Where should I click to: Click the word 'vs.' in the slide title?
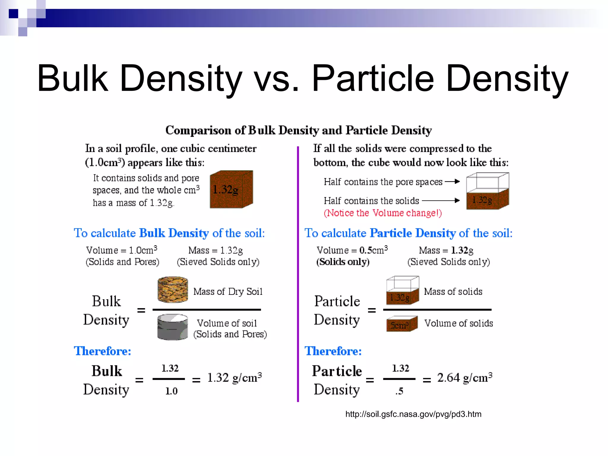[277, 79]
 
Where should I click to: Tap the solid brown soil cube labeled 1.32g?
[231, 189]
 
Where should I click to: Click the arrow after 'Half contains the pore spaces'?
[452, 181]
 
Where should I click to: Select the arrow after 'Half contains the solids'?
[441, 201]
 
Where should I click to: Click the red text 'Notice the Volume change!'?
[383, 213]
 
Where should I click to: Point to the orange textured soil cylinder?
[172, 289]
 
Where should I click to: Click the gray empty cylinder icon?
[172, 327]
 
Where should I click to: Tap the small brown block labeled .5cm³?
[402, 324]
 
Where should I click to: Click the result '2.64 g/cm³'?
[465, 378]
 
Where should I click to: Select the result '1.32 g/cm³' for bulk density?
[234, 378]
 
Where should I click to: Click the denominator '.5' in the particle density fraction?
[399, 391]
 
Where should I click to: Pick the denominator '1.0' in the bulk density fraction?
[171, 391]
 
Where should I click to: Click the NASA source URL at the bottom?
[413, 414]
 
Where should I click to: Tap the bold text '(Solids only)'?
[343, 262]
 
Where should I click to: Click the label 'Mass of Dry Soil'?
[228, 292]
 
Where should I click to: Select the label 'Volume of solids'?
[458, 323]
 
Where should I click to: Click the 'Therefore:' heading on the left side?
[102, 351]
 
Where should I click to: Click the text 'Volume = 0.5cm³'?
[352, 250]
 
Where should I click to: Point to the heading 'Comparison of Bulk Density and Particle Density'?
[298, 130]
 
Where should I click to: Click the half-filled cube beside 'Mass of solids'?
[402, 290]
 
